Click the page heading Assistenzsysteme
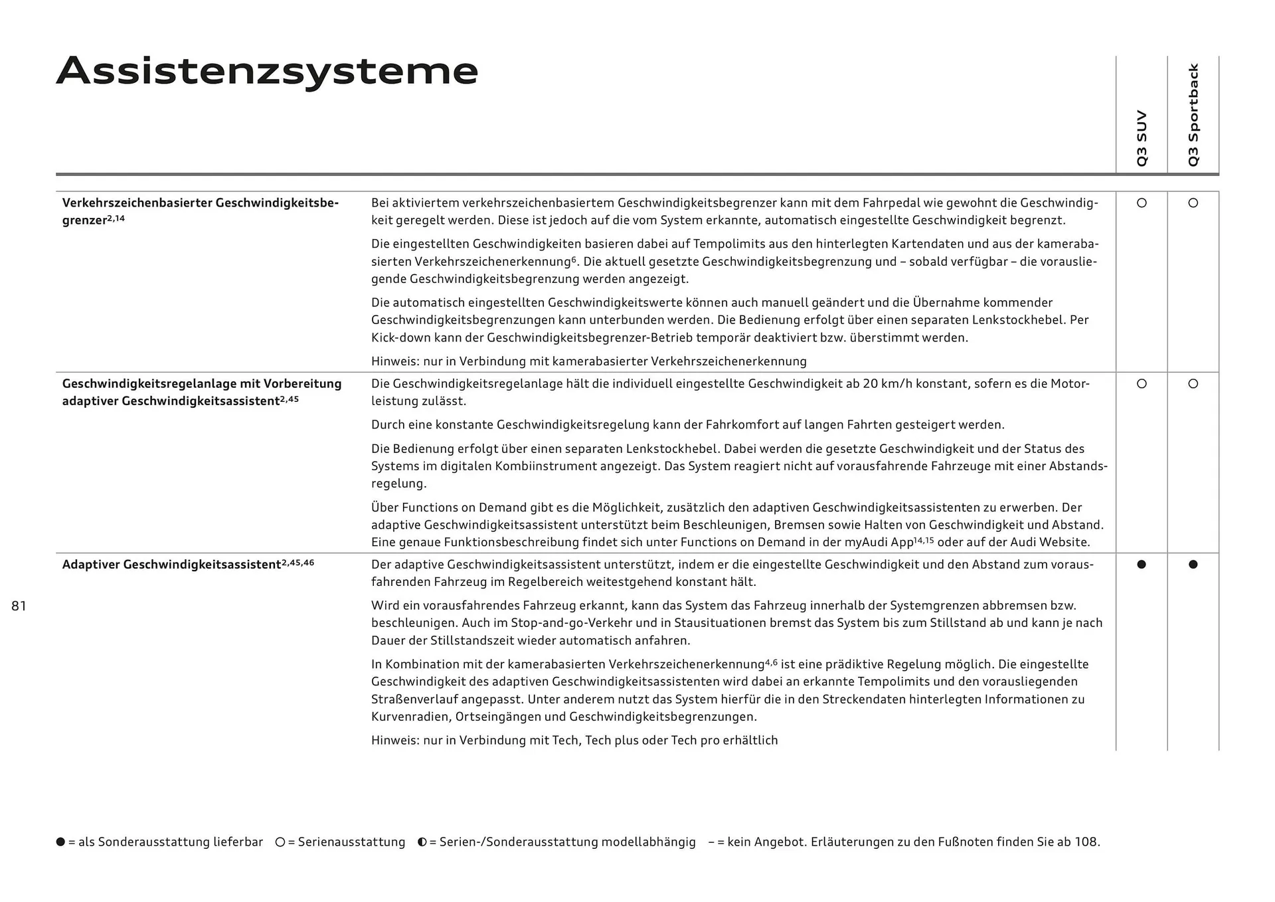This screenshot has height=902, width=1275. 267,71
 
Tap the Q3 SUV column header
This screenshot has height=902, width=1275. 1142,138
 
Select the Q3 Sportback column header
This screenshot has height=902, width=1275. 1193,115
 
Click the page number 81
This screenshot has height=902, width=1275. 19,606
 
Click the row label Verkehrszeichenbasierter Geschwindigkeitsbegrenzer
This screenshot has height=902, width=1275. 200,211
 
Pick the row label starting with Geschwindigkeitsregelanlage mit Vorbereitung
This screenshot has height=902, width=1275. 201,392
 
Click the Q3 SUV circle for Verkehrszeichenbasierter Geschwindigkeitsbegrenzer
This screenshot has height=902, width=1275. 1142,203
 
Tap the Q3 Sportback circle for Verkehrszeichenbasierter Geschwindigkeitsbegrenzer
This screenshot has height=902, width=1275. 1193,203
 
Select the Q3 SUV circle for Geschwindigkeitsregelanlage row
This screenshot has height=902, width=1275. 1142,383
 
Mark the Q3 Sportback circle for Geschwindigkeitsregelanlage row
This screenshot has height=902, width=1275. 1193,383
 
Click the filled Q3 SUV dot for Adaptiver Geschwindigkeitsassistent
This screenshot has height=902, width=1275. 1142,564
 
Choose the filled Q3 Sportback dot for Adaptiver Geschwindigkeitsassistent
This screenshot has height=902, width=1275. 1193,564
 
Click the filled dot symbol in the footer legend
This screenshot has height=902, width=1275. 60,842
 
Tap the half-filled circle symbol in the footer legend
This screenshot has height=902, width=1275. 422,842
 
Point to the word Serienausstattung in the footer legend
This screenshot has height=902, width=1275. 351,842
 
